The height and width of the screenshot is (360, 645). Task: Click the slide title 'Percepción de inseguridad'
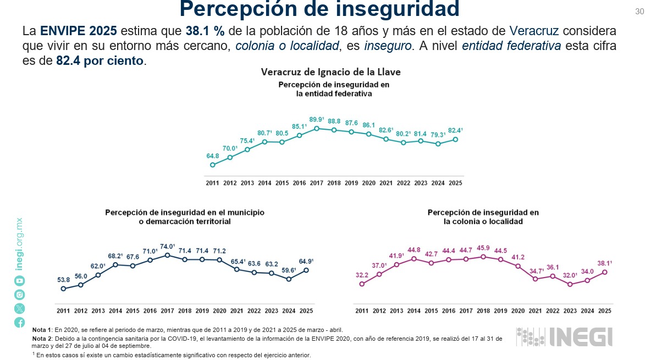tap(319, 9)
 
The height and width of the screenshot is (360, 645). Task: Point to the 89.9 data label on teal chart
tap(316, 119)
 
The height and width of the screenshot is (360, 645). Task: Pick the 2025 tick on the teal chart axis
tap(455, 182)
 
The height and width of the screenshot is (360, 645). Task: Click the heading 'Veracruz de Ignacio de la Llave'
tap(330, 72)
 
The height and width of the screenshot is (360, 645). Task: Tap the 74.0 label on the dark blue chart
tap(167, 246)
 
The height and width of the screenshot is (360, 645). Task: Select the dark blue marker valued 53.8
tap(63, 289)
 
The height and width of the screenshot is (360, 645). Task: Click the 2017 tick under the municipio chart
tap(167, 311)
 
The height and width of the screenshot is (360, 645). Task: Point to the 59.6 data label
tap(289, 270)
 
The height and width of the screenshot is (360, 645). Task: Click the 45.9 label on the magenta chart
tap(483, 248)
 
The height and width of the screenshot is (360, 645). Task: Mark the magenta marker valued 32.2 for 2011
tap(362, 284)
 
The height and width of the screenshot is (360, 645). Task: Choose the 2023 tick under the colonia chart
tap(570, 311)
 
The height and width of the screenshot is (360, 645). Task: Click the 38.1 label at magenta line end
tap(604, 263)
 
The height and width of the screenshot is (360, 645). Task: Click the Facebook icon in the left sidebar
tap(20, 323)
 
